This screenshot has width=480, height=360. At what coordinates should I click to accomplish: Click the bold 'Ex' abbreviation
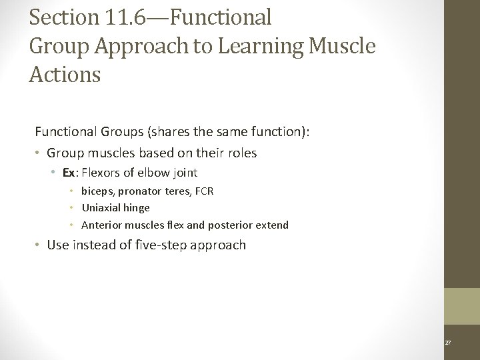[x=69, y=173]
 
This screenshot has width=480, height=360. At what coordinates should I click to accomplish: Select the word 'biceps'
[x=97, y=191]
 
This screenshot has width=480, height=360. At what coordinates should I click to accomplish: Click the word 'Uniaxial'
[x=101, y=208]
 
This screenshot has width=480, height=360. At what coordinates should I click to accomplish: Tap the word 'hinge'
[x=136, y=208]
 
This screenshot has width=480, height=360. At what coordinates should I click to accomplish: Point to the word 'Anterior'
[x=101, y=225]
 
